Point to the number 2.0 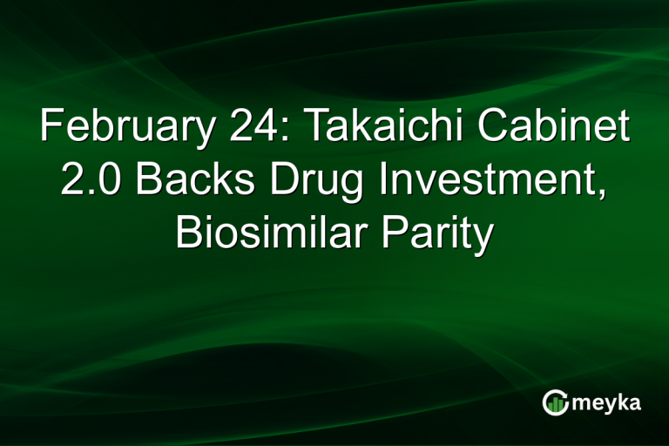click(x=85, y=181)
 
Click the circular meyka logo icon click(x=556, y=403)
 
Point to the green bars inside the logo click(x=556, y=405)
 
